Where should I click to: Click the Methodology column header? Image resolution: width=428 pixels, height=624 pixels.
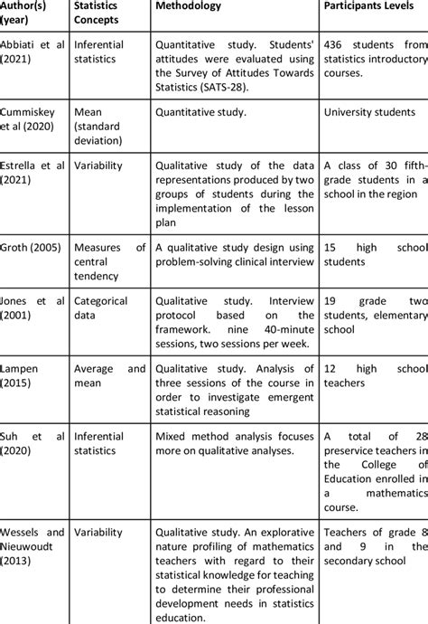(196, 6)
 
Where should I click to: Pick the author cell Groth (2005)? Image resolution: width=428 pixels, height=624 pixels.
(32, 246)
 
